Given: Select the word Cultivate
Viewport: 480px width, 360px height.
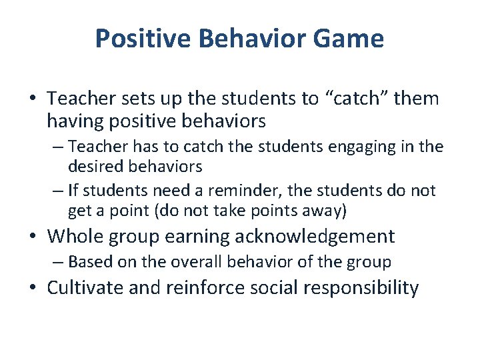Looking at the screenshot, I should coord(86,288).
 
